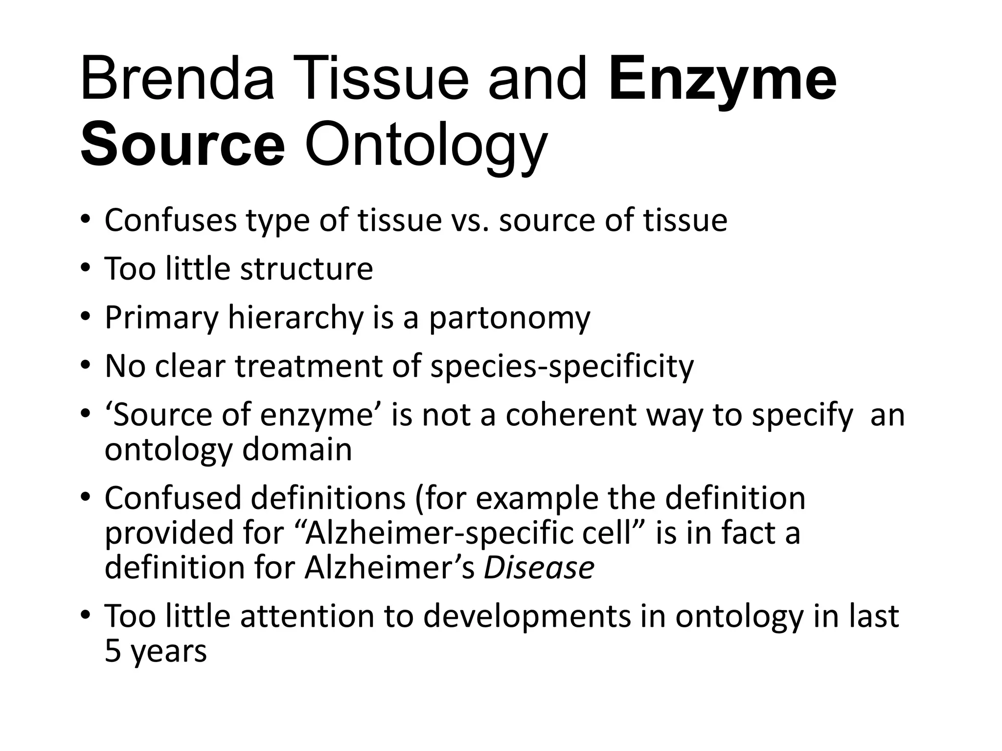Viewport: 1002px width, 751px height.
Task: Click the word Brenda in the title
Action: [x=177, y=78]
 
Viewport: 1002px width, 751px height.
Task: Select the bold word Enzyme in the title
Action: [x=723, y=78]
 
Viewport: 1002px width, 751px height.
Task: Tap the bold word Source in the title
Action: [x=182, y=145]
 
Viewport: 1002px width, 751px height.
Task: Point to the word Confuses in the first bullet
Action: [x=170, y=221]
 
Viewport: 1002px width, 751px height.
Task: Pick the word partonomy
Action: [x=509, y=318]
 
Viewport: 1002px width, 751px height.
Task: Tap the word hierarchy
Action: [x=296, y=318]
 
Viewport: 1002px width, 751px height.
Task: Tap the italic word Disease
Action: [x=539, y=568]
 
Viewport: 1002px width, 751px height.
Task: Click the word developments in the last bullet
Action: [x=526, y=616]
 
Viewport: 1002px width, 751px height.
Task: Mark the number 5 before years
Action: [x=113, y=651]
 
